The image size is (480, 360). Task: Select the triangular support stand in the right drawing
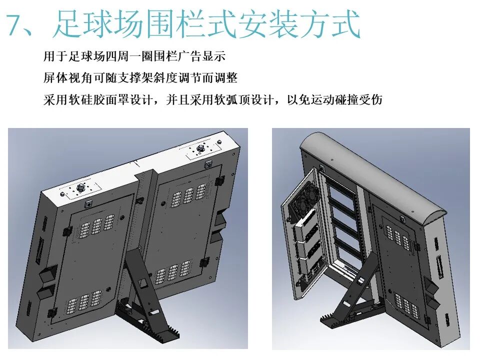pos(356,295)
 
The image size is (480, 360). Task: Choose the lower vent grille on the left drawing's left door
pos(83,300)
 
